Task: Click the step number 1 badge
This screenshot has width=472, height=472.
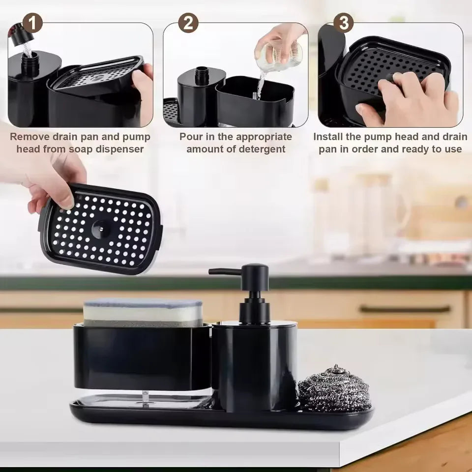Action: coord(32,23)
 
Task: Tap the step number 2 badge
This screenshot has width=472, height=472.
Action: coord(188,23)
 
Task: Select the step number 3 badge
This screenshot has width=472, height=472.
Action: coord(343,23)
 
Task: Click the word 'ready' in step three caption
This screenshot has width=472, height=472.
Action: coord(413,149)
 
